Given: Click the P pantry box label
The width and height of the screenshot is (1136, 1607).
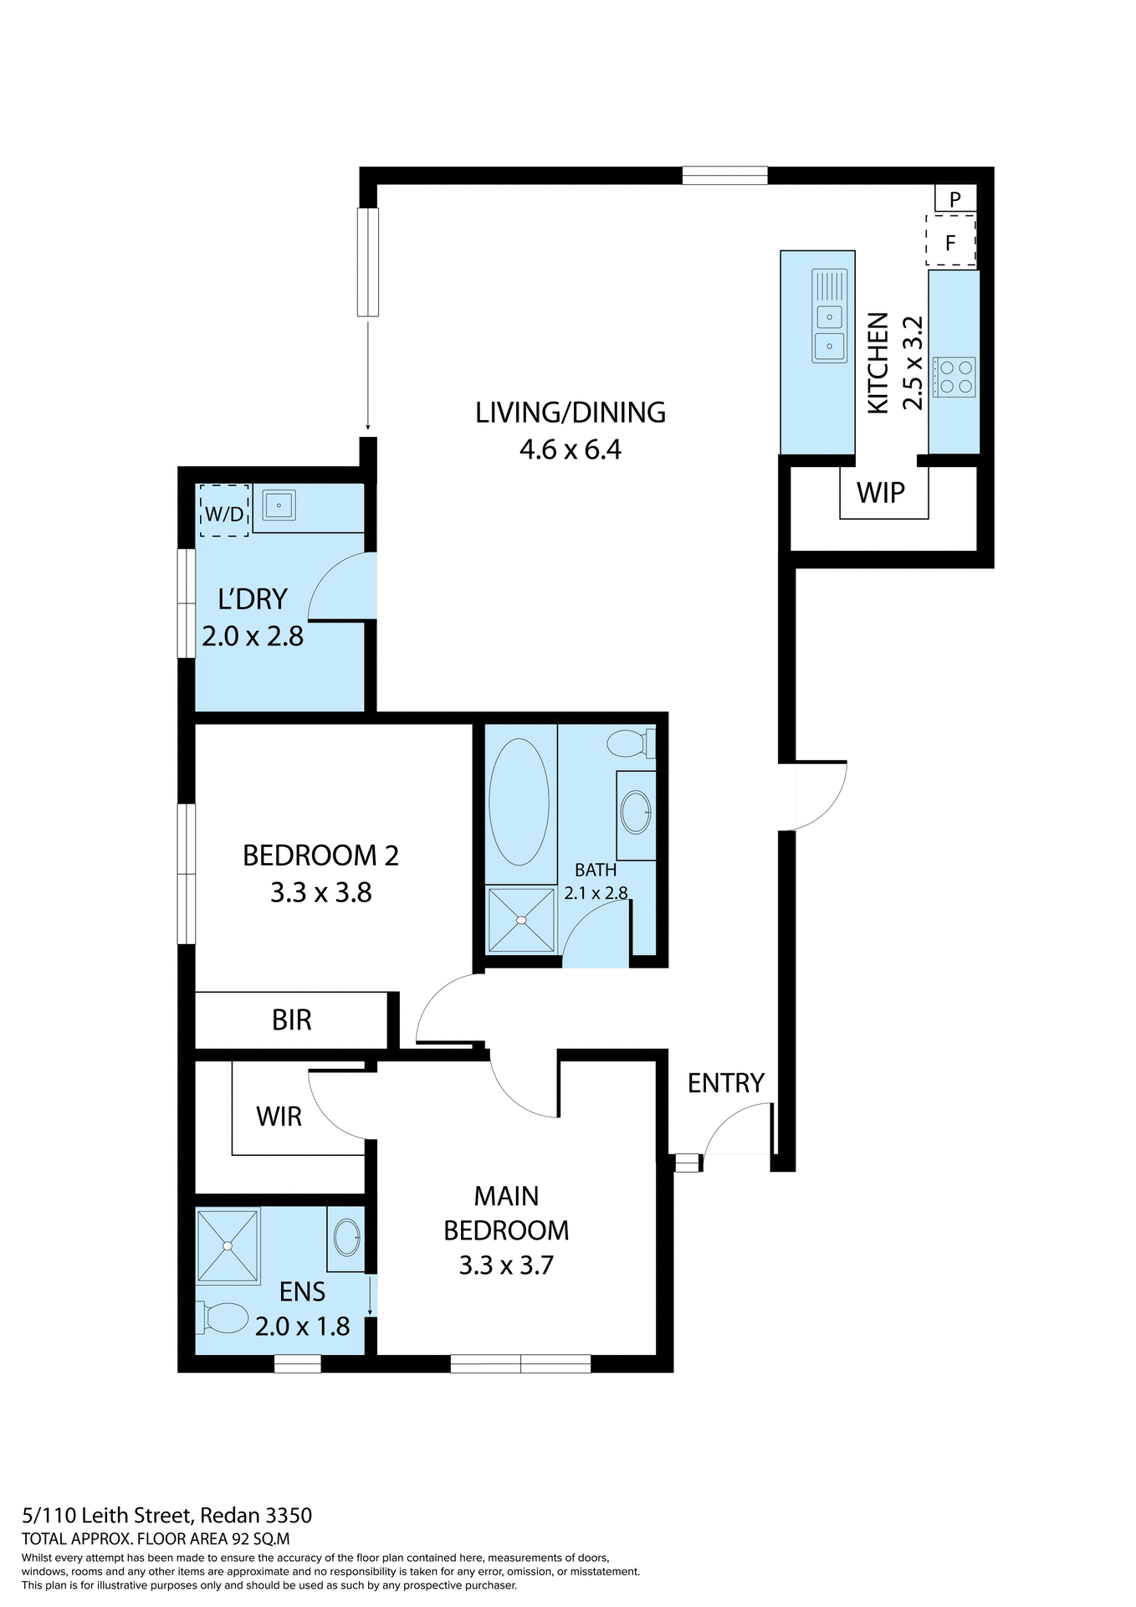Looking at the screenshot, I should click(955, 199).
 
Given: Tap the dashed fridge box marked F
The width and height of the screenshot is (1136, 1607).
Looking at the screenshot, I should click(950, 242).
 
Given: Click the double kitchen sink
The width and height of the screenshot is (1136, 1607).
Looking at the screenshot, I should click(829, 316).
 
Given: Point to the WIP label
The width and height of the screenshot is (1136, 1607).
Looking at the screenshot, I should click(881, 493).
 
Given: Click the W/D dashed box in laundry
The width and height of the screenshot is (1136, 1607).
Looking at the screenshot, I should click(223, 511).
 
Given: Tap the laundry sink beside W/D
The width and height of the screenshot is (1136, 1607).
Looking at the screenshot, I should click(279, 506).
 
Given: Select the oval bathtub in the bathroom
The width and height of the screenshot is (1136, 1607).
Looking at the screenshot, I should click(519, 802).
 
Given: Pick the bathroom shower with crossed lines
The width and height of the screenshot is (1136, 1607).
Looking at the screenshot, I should click(521, 920).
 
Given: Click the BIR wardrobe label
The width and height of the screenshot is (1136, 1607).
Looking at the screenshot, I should click(291, 1019).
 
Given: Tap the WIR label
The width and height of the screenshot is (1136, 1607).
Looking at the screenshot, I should click(279, 1117).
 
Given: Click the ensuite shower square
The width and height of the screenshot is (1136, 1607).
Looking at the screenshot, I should click(228, 1245).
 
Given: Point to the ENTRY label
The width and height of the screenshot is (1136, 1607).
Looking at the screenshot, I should click(725, 1083).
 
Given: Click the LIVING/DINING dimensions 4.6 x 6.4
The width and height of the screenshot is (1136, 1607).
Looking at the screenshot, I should click(570, 450).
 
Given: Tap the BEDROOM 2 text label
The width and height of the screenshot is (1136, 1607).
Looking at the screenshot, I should click(320, 855).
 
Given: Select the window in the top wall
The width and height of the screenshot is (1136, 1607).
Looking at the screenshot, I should click(724, 175).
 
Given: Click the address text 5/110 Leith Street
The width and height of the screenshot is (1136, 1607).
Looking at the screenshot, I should click(166, 1515).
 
